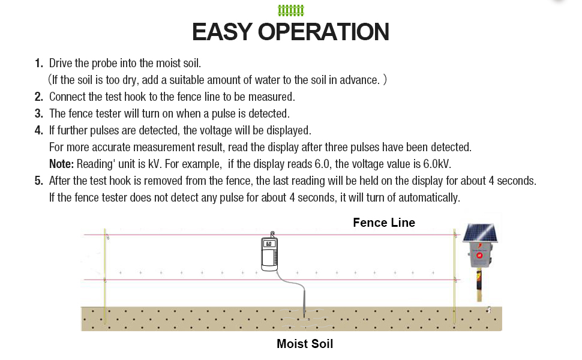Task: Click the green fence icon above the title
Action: point(291,10)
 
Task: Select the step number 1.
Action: point(38,64)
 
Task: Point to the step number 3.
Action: point(38,113)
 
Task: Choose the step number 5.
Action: point(38,181)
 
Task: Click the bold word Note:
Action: point(61,164)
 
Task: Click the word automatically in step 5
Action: point(429,197)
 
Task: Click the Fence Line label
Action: point(384,223)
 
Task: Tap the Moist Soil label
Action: point(305,344)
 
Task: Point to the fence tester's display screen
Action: point(269,244)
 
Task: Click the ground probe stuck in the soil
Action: point(304,306)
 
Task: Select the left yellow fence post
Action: point(105,276)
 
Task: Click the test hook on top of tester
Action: point(272,235)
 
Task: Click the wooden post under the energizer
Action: point(479,287)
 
